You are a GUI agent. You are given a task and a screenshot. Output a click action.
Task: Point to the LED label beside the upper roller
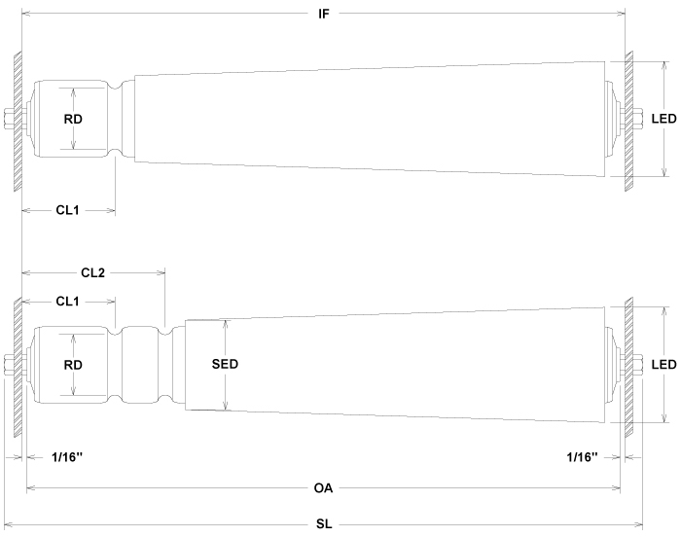point(664,119)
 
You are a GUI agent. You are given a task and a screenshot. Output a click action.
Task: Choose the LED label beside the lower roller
point(664,365)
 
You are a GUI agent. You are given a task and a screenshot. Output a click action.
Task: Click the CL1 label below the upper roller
point(68,211)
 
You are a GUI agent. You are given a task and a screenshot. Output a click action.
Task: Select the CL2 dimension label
point(93,272)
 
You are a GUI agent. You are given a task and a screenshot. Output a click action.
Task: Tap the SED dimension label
point(225,365)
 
